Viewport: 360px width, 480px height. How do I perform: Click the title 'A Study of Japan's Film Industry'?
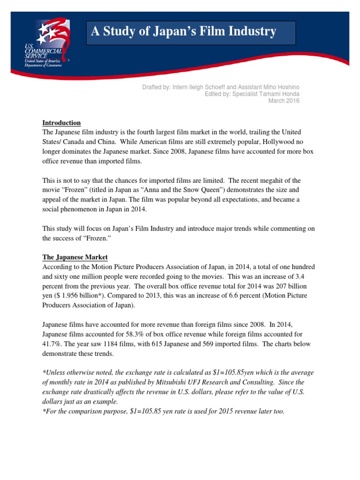(x=183, y=32)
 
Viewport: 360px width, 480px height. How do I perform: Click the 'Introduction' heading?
(x=61, y=123)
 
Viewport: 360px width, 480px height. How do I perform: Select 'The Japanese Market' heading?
(x=75, y=257)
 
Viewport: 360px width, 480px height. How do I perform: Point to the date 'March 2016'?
(x=284, y=100)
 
